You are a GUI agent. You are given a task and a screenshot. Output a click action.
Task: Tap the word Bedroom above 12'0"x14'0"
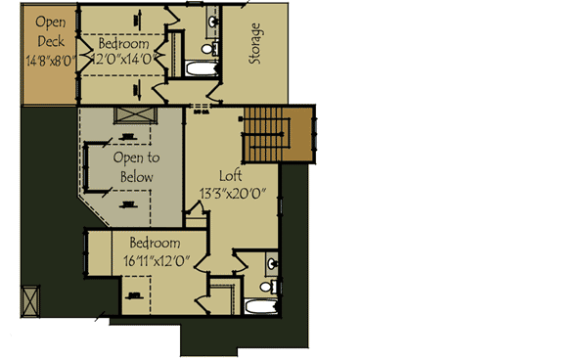(124, 45)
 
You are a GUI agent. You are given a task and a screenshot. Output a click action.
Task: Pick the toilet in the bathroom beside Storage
(206, 48)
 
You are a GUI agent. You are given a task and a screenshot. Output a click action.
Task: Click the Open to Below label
(136, 165)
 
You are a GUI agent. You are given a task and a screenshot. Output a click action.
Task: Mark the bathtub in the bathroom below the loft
(262, 307)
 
